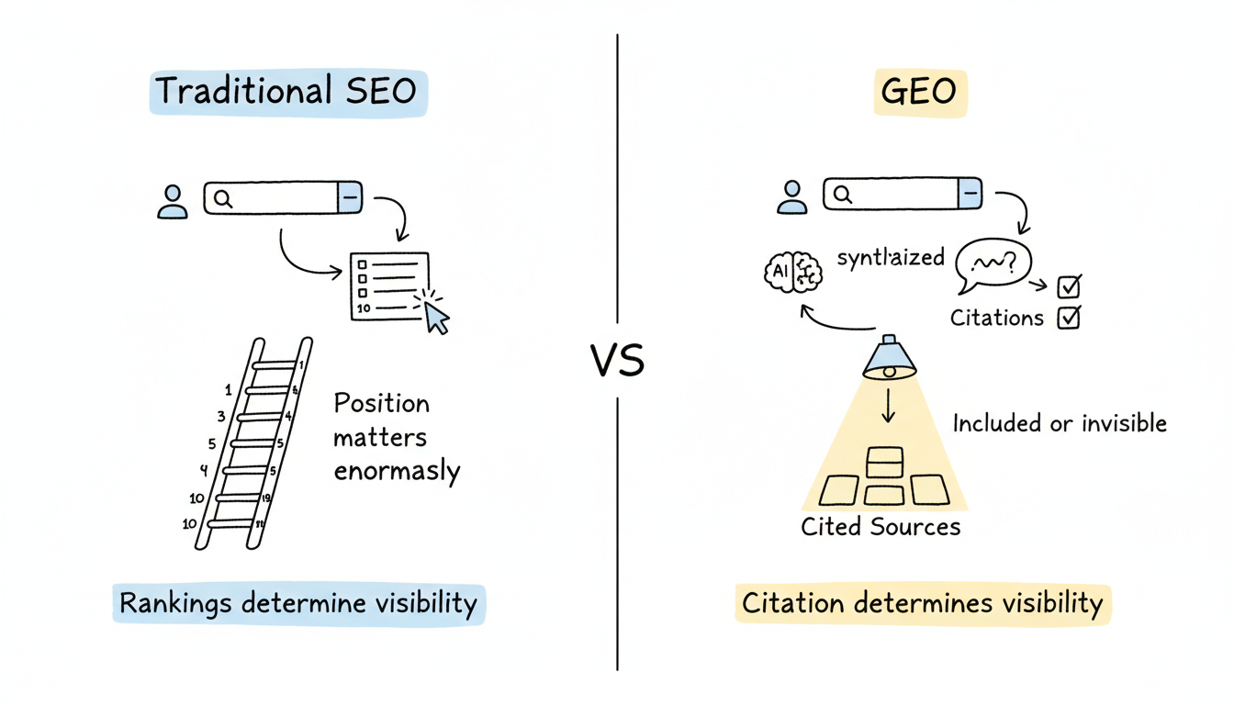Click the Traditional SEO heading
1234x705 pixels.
(x=286, y=92)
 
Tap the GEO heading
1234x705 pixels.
(x=918, y=93)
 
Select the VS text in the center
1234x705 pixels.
(x=617, y=361)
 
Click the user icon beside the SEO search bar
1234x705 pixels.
(x=172, y=201)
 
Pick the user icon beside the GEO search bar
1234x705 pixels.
(x=791, y=196)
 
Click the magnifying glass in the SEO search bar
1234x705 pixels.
(x=222, y=198)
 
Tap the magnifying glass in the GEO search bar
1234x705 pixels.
(x=842, y=194)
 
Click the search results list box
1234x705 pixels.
(x=389, y=285)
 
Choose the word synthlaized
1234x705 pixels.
(x=891, y=257)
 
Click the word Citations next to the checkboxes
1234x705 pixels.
(x=996, y=319)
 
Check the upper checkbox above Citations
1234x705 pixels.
(x=1069, y=286)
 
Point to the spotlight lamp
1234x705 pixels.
(x=889, y=359)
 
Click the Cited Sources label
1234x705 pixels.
(x=881, y=527)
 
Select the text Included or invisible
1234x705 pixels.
(x=1060, y=423)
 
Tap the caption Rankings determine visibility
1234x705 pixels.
(x=298, y=604)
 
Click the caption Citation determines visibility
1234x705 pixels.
(x=922, y=603)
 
